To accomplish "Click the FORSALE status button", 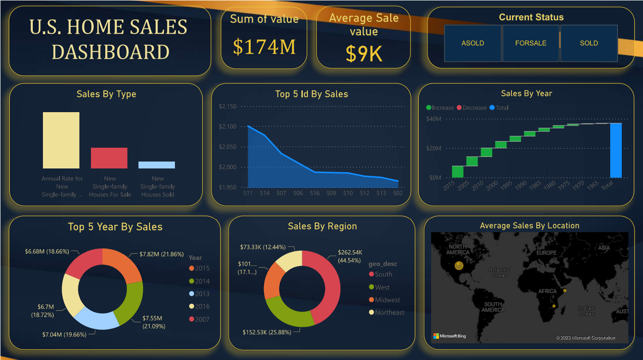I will (x=530, y=43).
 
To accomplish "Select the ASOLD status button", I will (x=473, y=43).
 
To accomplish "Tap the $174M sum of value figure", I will (x=264, y=47).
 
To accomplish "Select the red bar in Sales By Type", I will (x=109, y=158).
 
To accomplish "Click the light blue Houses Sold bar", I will (x=157, y=165).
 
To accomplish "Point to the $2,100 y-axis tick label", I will (x=228, y=126).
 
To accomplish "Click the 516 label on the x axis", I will (x=314, y=193).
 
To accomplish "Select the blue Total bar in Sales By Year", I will (x=616, y=150).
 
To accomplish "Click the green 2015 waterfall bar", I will (x=457, y=171).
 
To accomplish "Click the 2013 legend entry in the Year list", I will (x=202, y=294).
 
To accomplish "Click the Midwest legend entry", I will (x=387, y=300).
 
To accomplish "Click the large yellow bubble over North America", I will (x=459, y=265).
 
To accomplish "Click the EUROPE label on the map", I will (x=546, y=252).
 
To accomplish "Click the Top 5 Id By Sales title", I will (x=312, y=94).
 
